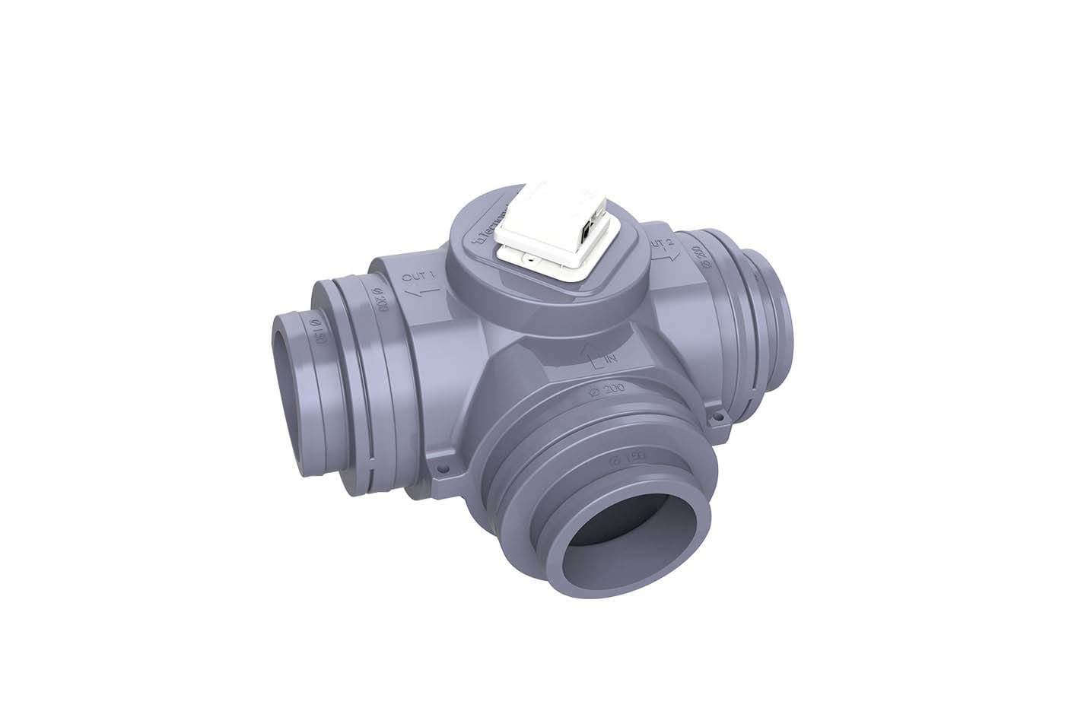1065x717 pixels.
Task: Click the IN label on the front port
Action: (x=609, y=357)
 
